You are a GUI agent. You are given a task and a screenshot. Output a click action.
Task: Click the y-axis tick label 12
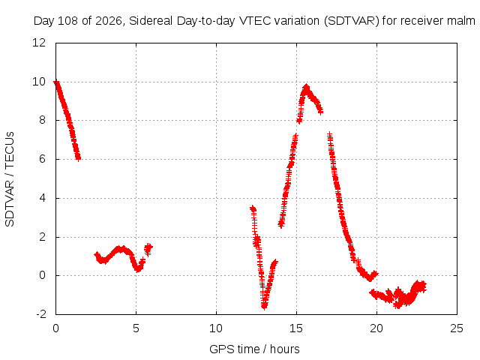point(39,43)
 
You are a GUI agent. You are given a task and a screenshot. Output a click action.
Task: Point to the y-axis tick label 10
point(39,82)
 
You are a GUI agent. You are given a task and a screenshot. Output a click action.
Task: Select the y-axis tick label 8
point(42,120)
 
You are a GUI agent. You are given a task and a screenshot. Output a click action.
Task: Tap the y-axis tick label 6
point(42,159)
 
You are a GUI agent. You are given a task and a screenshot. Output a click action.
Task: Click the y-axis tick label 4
point(42,198)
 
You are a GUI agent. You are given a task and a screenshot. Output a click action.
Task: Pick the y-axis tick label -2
point(41,314)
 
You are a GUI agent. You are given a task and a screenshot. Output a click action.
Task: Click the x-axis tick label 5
point(136,328)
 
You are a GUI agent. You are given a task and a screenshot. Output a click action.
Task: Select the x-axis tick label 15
point(296,328)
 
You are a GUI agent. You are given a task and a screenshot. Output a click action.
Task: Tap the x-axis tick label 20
point(376,328)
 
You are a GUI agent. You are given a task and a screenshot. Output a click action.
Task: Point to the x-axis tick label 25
point(457,328)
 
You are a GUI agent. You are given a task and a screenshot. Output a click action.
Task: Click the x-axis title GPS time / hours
point(254,349)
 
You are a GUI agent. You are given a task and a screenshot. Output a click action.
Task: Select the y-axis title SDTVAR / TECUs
point(10,179)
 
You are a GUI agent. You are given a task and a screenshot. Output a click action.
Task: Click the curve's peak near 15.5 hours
point(306,87)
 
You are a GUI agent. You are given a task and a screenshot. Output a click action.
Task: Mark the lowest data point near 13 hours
point(264,307)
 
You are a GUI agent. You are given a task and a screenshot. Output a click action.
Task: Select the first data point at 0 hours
point(56,82)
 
